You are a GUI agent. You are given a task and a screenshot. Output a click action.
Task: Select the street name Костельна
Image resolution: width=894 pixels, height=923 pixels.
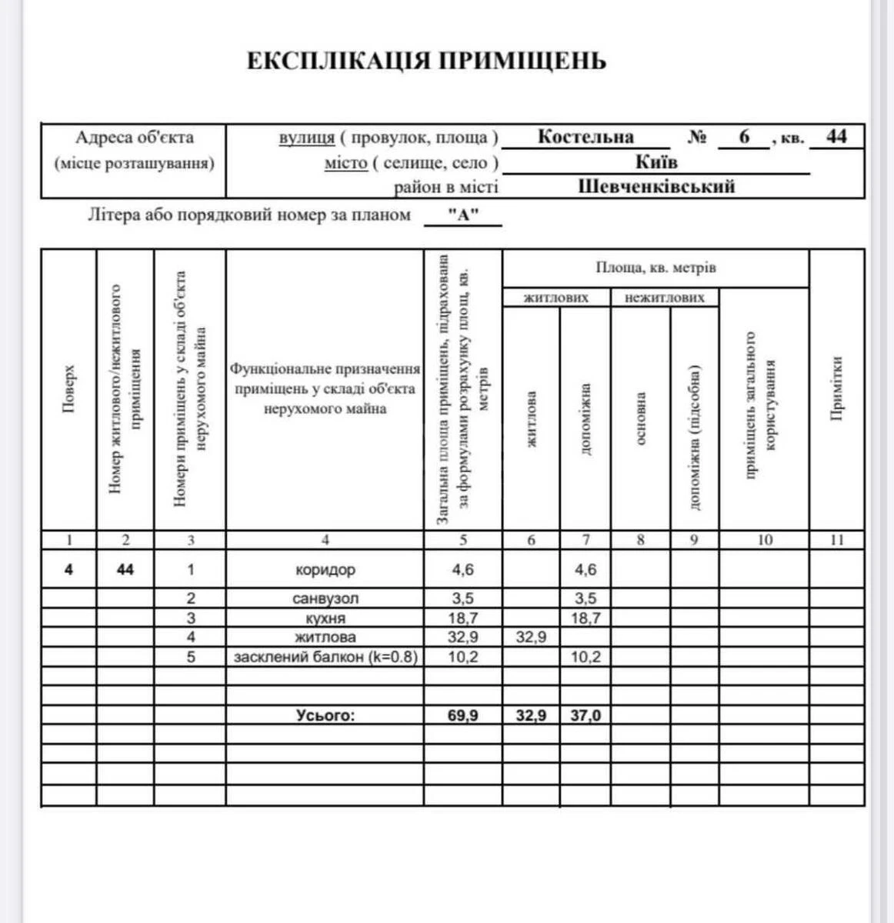point(585,137)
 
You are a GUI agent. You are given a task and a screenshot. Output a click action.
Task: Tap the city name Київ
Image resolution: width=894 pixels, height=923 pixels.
point(656,162)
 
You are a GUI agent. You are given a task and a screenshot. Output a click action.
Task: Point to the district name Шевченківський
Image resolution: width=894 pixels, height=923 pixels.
point(656,186)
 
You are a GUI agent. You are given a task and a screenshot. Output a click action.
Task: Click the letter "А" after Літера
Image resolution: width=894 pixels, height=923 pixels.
point(463,215)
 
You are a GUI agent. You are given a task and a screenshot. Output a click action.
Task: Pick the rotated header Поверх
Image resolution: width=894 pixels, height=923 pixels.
point(68,390)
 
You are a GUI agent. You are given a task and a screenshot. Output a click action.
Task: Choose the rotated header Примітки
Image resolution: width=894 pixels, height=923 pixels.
point(837,390)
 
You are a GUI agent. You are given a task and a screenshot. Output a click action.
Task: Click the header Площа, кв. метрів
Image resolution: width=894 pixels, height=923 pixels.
point(655,268)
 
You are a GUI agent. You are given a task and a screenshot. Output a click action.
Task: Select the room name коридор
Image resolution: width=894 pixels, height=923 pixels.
point(325,570)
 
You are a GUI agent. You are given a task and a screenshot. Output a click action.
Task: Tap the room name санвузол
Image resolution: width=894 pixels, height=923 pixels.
point(325,598)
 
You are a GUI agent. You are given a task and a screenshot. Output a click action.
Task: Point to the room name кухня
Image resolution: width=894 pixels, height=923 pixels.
point(325,618)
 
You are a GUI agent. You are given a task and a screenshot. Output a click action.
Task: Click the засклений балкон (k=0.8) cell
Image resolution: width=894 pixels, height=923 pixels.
point(325,657)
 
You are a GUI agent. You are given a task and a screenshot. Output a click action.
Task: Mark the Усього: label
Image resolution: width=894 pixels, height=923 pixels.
point(325,715)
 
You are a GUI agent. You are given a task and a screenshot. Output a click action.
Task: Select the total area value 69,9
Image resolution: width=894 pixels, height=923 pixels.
point(463,715)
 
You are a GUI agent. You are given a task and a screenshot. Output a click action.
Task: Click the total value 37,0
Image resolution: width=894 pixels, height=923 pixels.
point(585,715)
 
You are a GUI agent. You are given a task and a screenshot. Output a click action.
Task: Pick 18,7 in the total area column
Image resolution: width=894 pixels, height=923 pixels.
point(463,618)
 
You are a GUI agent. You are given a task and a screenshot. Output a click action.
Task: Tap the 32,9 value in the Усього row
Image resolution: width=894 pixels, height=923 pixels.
point(531,715)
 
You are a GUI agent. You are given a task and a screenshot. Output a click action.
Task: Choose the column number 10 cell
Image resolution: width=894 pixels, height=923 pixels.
point(764,540)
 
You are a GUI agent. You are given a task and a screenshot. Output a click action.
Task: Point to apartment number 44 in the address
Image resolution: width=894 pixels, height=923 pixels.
point(836,137)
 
